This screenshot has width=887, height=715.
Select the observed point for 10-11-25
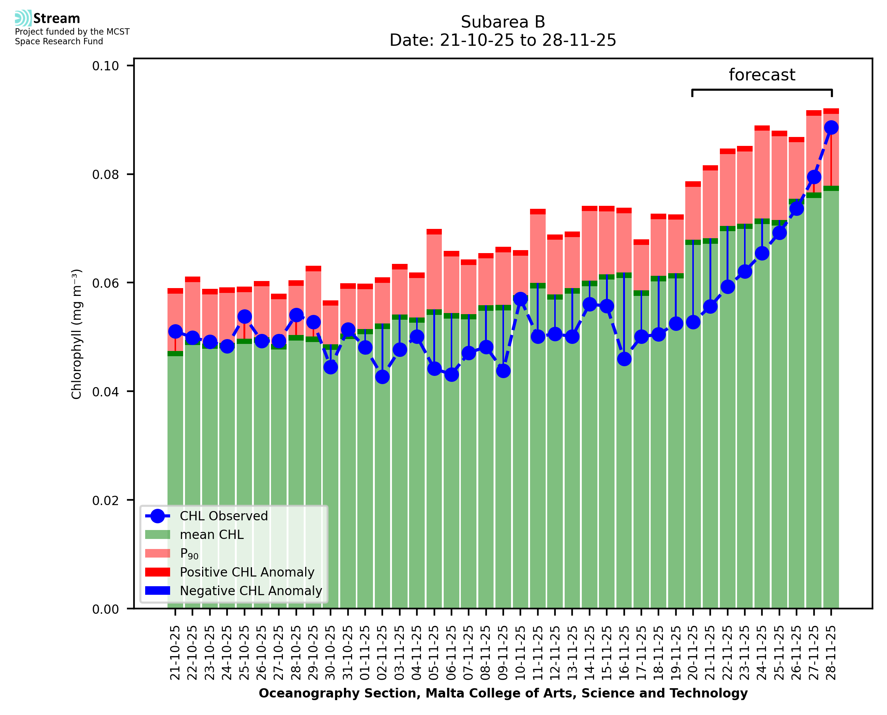pyautogui.click(x=520, y=299)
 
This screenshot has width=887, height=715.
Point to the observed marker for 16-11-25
pyautogui.click(x=624, y=359)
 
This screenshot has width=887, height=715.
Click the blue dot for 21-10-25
pyautogui.click(x=175, y=331)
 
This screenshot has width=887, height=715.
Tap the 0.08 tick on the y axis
pyautogui.click(x=105, y=175)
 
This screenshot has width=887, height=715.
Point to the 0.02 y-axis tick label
pyautogui.click(x=105, y=500)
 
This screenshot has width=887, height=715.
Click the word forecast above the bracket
pyautogui.click(x=762, y=75)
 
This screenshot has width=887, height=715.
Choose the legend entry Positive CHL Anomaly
pyautogui.click(x=247, y=572)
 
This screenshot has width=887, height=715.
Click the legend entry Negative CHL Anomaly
pyautogui.click(x=251, y=591)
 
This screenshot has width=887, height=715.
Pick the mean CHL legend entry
pyautogui.click(x=211, y=534)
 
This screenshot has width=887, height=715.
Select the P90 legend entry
pyautogui.click(x=189, y=553)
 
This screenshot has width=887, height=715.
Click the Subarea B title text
pyautogui.click(x=503, y=22)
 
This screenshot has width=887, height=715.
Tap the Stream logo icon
pyautogui.click(x=23, y=18)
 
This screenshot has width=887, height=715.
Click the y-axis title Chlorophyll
pyautogui.click(x=77, y=333)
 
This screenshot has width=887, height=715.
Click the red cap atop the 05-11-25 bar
pyautogui.click(x=434, y=232)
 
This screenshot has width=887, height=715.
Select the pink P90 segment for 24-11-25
pyautogui.click(x=762, y=175)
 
